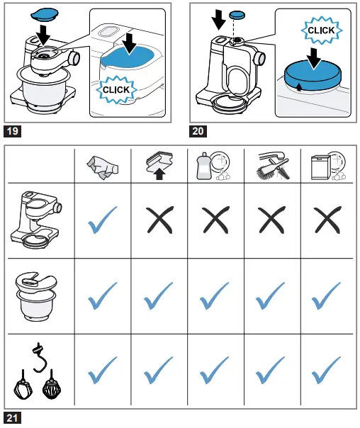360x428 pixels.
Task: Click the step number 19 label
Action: tap(12, 131)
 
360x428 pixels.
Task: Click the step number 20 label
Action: tap(198, 131)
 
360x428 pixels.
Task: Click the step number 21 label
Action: tap(12, 418)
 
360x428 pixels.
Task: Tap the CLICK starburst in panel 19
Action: tap(116, 90)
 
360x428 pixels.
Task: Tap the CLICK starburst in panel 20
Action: tap(321, 30)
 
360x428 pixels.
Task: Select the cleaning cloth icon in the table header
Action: tap(102, 168)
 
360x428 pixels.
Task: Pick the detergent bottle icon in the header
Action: tap(213, 165)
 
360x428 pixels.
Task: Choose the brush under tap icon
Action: tap(273, 166)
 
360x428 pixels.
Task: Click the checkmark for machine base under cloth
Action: tap(102, 220)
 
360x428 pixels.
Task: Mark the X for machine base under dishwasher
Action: tap(327, 220)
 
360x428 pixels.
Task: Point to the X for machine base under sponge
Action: tap(159, 220)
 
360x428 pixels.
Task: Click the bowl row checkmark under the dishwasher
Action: tap(326, 296)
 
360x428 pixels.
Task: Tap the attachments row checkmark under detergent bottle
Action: tap(214, 370)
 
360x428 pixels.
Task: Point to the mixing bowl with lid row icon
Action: tap(36, 296)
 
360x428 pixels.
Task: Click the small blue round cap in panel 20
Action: tap(237, 15)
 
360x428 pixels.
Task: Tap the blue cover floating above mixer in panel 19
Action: tap(45, 14)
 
